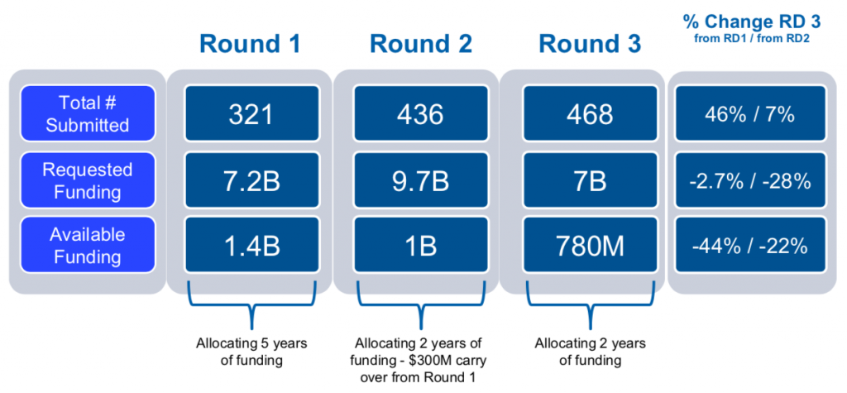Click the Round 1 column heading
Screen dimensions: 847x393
pyautogui.click(x=251, y=45)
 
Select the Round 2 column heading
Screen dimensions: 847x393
pyautogui.click(x=420, y=45)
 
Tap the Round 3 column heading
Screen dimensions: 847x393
pyautogui.click(x=590, y=45)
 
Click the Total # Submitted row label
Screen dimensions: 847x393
pyautogui.click(x=88, y=113)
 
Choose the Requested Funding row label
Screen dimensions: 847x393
pyautogui.click(x=88, y=180)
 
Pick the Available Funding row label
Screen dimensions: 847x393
pyautogui.click(x=88, y=245)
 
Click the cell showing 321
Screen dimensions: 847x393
pyautogui.click(x=252, y=113)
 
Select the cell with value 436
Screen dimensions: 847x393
pyautogui.click(x=421, y=113)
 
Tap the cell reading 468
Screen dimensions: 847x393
pyautogui.click(x=591, y=113)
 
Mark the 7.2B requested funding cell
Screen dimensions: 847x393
pyautogui.click(x=252, y=180)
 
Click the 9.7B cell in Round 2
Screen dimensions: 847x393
pyautogui.click(x=421, y=180)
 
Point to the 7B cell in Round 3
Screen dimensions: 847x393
pyautogui.click(x=591, y=180)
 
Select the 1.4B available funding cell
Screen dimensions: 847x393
pyautogui.click(x=252, y=245)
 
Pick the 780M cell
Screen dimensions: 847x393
pyautogui.click(x=591, y=245)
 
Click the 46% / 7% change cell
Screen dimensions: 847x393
pyautogui.click(x=751, y=113)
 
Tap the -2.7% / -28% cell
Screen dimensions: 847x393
pyautogui.click(x=751, y=180)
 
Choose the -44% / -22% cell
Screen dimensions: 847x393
pyautogui.click(x=751, y=245)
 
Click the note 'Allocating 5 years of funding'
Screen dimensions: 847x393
pyautogui.click(x=251, y=352)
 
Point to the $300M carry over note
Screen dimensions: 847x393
pyautogui.click(x=420, y=360)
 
